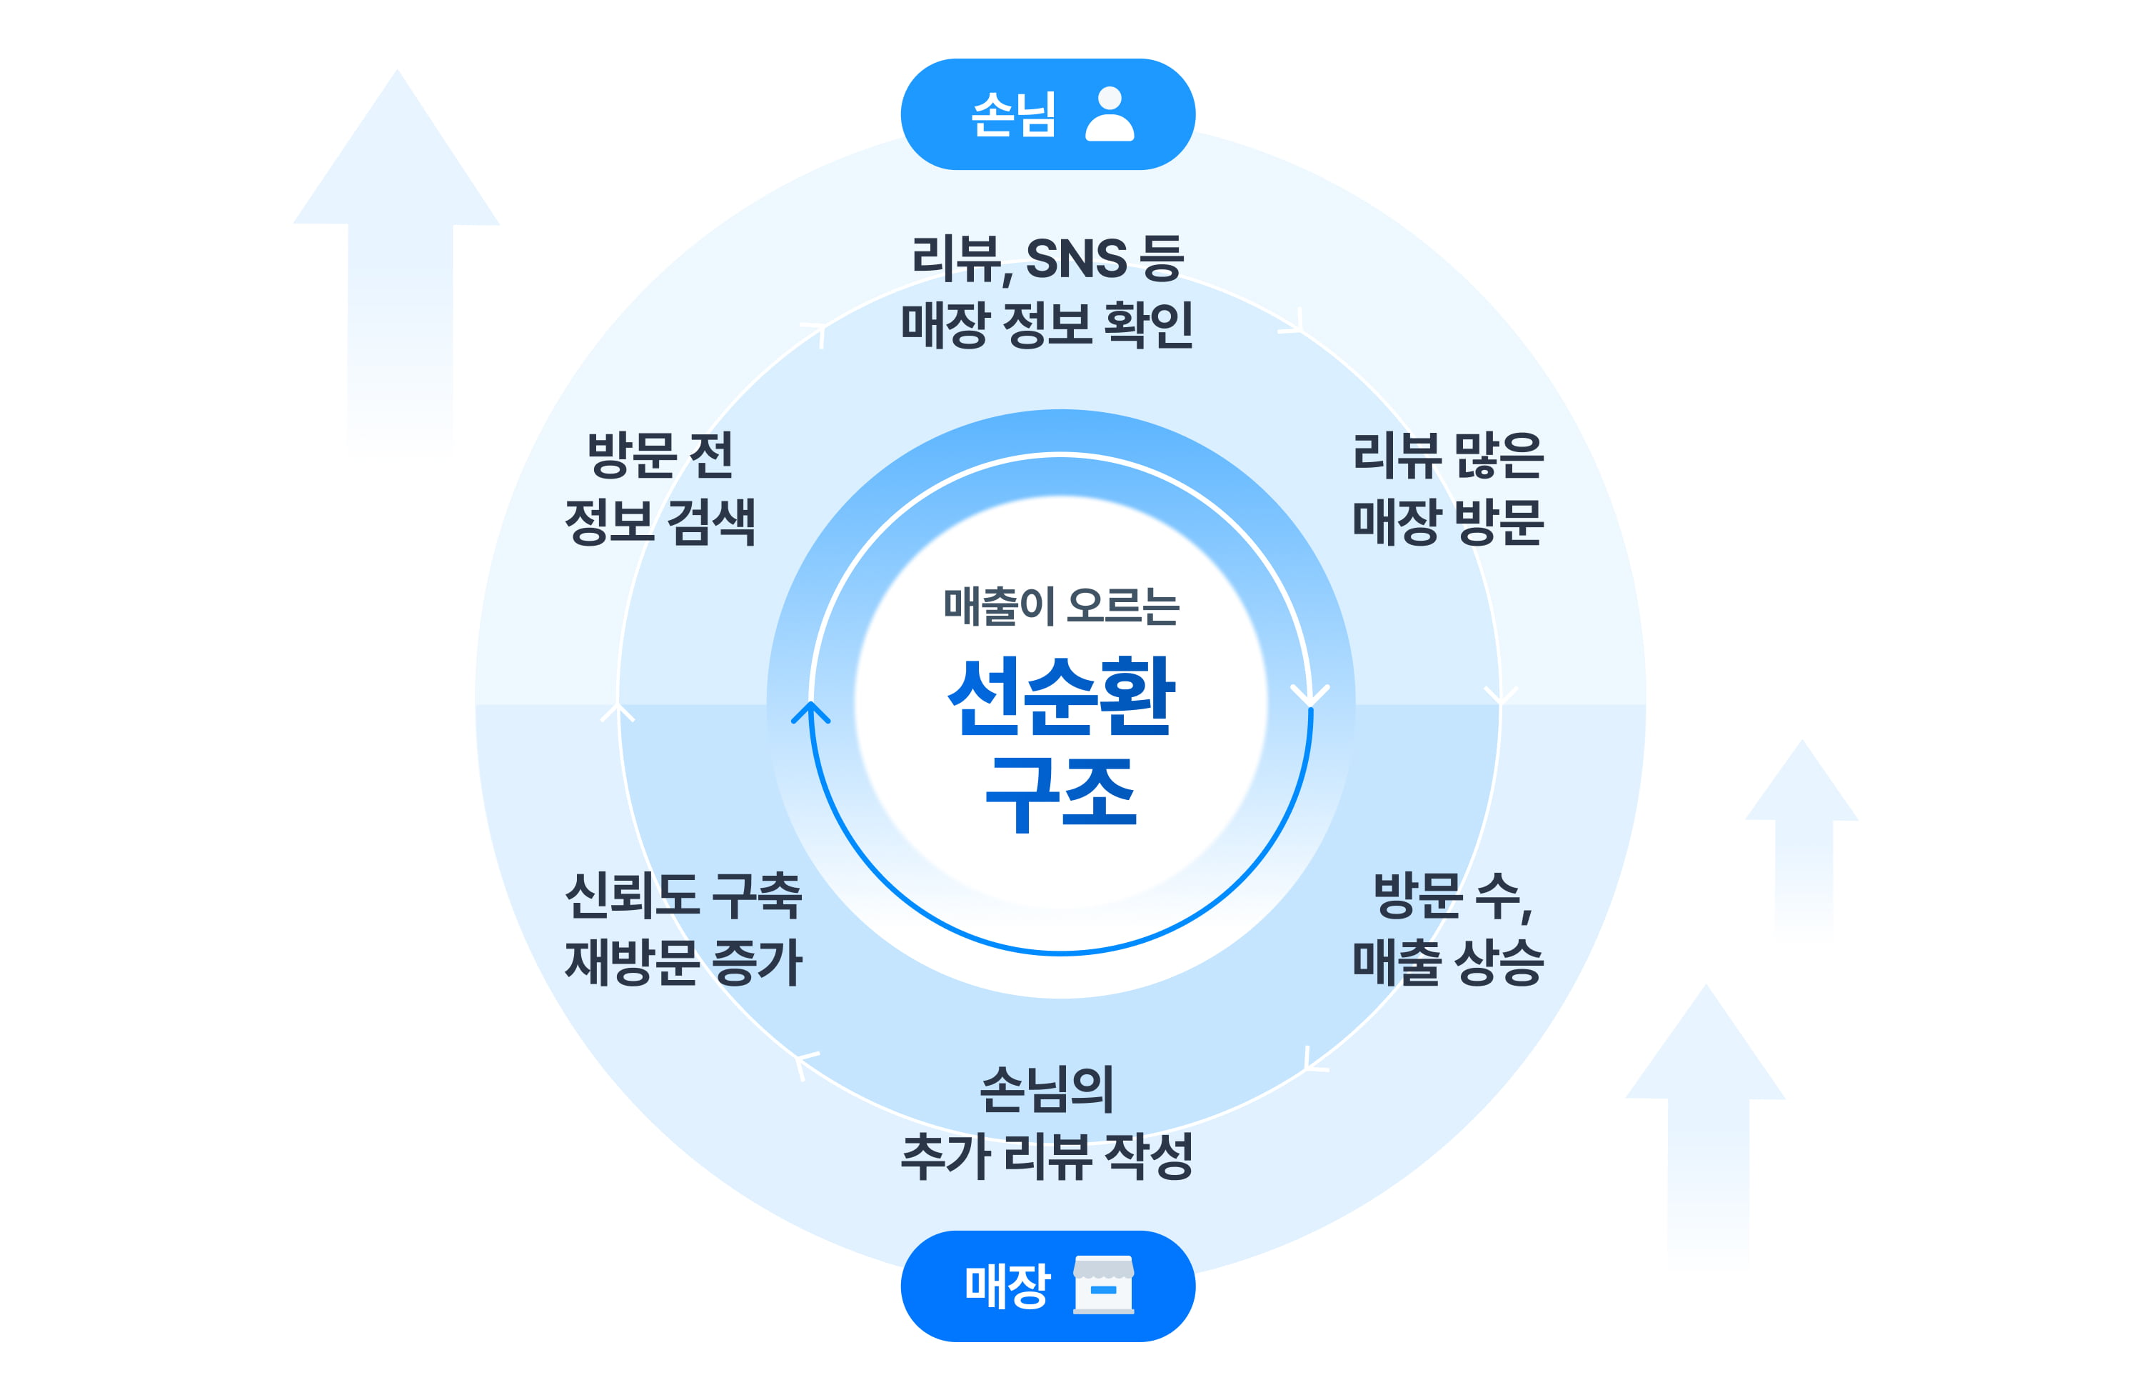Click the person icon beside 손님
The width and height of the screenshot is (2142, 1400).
coord(1109,114)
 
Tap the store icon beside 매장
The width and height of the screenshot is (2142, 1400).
coord(1103,1285)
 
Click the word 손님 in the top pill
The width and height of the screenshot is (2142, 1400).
coord(1013,115)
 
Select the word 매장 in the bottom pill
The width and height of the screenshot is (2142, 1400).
coord(1007,1285)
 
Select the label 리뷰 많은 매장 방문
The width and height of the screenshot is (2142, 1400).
coord(1447,489)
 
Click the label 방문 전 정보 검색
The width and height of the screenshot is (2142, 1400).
coord(660,489)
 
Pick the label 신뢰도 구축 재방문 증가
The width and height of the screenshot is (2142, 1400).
coord(683,929)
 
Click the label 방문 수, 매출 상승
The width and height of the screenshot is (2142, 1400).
coord(1447,929)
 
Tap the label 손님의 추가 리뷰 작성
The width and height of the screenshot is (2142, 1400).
coord(1047,1122)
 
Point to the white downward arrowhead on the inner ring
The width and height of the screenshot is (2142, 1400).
coord(1310,695)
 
